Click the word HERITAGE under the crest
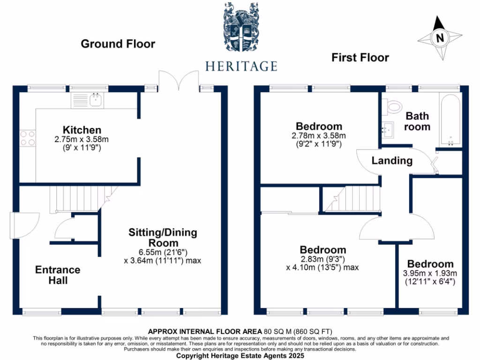point(241,66)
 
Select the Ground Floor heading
point(118,44)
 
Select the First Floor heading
point(360,58)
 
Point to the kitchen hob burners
point(27,137)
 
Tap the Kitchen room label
point(82,130)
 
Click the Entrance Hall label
point(58,275)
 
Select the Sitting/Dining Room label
point(163,238)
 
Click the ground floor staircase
point(75,199)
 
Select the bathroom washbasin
point(389,129)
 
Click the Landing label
point(392,161)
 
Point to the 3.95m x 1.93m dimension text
point(430,274)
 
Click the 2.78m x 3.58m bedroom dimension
point(319,136)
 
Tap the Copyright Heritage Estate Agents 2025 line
point(240,356)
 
